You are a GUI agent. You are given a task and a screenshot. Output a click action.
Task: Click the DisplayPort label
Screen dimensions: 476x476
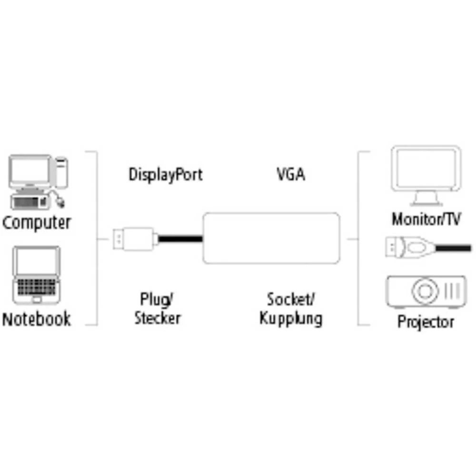coord(166,175)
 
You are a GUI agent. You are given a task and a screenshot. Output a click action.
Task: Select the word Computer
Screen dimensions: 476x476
coord(37,223)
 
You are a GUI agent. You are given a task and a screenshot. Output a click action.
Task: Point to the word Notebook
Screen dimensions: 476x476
coord(37,319)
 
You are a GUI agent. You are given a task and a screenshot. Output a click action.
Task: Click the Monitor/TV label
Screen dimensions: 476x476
coord(426,219)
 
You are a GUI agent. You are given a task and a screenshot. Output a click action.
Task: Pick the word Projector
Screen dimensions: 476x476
coord(426,322)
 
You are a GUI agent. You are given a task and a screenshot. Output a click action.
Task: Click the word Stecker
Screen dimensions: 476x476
coord(158,318)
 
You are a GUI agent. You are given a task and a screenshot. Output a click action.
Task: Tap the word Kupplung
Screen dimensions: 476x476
coord(291,319)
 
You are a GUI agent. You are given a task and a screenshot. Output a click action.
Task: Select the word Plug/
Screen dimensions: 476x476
coord(157,299)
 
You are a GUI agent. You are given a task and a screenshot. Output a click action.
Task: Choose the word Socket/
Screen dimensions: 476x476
coord(291,299)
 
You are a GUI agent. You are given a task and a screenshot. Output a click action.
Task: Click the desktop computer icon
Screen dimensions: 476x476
coord(38,182)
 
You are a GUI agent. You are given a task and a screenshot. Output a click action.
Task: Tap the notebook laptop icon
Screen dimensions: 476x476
coord(37,275)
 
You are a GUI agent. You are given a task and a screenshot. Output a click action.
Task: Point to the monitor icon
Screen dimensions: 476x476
coord(426,176)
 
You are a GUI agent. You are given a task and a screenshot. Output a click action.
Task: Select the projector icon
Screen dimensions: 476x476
coord(426,291)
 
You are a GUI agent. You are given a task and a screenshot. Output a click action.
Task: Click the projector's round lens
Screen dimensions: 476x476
coord(425,291)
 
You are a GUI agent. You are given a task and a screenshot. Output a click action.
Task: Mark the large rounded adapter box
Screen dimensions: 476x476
coord(271,238)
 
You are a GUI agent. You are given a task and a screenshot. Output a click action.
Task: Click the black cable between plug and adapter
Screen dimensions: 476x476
coord(180,239)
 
